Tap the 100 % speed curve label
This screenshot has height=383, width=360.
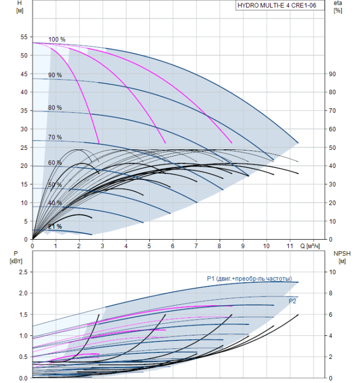57,39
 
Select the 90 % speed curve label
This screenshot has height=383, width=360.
55,75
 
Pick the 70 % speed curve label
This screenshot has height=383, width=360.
55,137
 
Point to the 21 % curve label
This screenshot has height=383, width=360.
55,227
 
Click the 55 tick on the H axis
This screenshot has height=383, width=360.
24,37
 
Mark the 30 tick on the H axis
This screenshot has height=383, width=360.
24,129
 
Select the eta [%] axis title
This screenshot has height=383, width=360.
338,7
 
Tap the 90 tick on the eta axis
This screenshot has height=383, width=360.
332,74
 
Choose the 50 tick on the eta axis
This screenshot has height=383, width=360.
332,148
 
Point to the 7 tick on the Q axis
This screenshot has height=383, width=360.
196,247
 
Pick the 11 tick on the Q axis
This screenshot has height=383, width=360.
289,247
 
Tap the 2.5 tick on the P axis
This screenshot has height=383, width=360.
22,272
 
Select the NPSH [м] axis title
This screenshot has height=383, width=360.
340,257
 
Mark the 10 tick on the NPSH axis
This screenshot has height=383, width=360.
330,272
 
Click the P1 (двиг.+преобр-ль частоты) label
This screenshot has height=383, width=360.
249,278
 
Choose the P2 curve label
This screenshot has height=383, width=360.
293,301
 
